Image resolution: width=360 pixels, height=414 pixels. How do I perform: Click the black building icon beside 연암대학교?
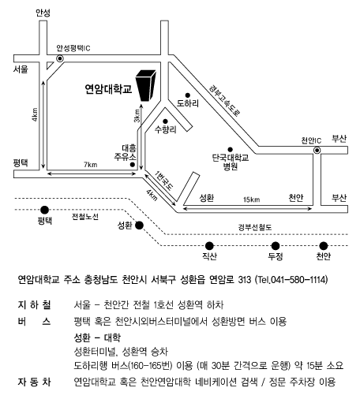coord(145,85)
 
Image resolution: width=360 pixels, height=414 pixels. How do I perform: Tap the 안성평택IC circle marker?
coord(60,58)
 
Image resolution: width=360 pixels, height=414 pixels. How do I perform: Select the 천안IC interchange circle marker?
coord(317,151)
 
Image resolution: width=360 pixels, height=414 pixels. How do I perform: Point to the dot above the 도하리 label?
coord(188,95)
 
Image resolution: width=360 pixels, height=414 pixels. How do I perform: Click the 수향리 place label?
coord(166,129)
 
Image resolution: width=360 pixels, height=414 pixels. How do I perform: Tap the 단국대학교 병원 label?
coord(231,162)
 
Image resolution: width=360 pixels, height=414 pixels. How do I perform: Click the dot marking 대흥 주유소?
coord(133,165)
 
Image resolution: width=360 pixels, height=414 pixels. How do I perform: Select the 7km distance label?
coord(91,165)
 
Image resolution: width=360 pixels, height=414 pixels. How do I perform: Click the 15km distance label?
coord(251,200)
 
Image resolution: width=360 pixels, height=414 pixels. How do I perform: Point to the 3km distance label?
coord(137,116)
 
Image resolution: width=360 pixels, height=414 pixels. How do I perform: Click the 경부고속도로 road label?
coord(224,100)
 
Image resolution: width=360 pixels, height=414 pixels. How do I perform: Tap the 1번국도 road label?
coord(164,181)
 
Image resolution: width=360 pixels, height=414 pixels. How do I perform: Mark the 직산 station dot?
coord(209,246)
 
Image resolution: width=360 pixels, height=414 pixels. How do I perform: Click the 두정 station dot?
coord(276,246)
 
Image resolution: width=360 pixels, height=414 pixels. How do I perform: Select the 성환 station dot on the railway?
coord(139,226)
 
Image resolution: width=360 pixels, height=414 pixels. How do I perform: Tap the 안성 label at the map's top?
coord(43,13)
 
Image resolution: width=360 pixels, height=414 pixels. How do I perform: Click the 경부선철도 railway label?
coord(255,227)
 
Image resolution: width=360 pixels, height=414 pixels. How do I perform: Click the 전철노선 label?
coord(85,217)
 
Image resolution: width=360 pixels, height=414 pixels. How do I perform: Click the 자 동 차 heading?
coord(34,382)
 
